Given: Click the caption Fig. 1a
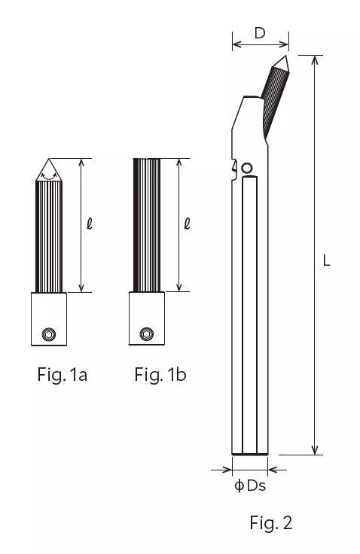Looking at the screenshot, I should click(63, 374).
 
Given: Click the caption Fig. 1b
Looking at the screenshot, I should click(160, 374).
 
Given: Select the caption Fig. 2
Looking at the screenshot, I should click(270, 522).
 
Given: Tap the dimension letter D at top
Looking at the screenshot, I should click(260, 33).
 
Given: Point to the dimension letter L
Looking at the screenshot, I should click(326, 261).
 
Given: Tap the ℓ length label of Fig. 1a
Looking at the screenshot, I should click(90, 224).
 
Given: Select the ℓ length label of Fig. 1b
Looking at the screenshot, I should click(187, 224).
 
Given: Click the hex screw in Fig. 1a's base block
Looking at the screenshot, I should click(49, 333).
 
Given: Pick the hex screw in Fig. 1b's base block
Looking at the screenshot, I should click(146, 333).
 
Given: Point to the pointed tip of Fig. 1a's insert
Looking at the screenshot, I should click(49, 160).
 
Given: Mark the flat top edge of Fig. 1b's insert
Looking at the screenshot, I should click(146, 160).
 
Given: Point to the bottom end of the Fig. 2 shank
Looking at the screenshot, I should click(249, 453).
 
